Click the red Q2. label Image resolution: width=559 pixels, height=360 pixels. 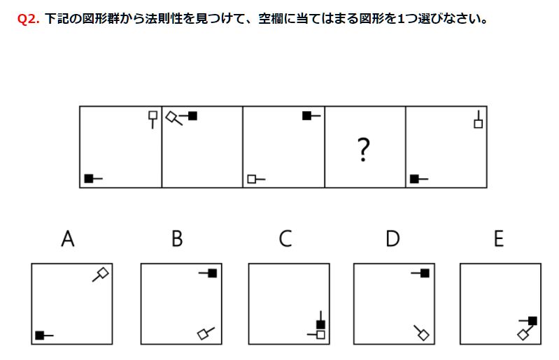tap(28, 18)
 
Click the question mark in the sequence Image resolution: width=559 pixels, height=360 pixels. tap(363, 150)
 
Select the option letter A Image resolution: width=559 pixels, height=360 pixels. tap(68, 238)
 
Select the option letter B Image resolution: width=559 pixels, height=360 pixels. tap(177, 238)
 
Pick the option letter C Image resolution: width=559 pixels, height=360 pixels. tap(285, 238)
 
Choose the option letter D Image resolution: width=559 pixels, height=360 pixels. tap(392, 238)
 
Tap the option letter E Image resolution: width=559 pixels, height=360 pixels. tap(499, 238)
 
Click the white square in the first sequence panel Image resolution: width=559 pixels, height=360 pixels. tap(153, 115)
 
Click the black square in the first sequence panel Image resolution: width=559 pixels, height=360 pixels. tap(89, 178)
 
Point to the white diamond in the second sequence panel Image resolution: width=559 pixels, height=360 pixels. tap(172, 117)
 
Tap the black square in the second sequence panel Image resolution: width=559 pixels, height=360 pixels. tap(192, 116)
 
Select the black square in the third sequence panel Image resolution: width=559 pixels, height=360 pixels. tap(306, 116)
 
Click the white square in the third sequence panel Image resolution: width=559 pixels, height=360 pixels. tap(252, 179)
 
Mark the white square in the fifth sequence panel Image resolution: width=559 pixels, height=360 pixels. tap(479, 124)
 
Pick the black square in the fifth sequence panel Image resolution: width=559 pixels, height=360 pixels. tap(414, 179)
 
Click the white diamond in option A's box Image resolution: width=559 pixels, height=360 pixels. tap(103, 273)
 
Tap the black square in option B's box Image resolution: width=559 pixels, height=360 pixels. tap(213, 273)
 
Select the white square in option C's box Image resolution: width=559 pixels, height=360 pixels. tap(320, 335)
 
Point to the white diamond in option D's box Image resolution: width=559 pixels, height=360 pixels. tap(423, 335)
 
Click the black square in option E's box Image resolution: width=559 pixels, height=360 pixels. tap(532, 321)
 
